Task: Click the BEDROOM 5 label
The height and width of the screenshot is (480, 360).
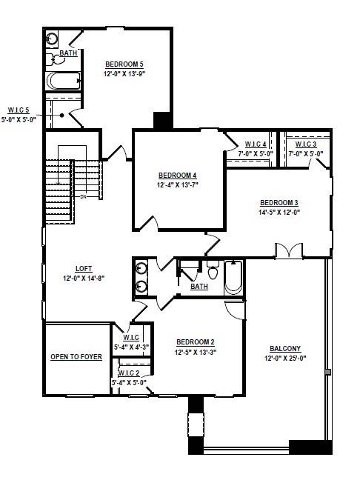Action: click(124, 64)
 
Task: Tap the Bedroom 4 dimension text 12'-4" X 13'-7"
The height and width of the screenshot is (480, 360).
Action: click(178, 185)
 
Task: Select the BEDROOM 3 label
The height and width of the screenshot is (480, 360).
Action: click(279, 203)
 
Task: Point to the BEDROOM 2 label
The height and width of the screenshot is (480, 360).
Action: click(196, 342)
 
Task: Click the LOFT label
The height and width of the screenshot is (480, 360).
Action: click(84, 269)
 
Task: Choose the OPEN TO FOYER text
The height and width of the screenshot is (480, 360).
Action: click(76, 357)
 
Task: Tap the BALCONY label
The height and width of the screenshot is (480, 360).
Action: click(285, 348)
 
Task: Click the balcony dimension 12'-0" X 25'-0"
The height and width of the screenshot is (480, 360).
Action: click(285, 359)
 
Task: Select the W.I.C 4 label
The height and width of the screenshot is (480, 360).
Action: click(256, 144)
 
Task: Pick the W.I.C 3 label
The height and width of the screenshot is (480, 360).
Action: click(306, 144)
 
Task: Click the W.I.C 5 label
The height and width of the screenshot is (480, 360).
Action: click(19, 110)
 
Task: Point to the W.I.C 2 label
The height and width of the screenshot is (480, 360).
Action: click(129, 373)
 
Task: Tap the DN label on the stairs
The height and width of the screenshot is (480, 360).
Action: click(83, 197)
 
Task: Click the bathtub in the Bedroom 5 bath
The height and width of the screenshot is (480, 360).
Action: click(64, 81)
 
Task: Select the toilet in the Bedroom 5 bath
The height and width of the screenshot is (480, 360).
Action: click(56, 59)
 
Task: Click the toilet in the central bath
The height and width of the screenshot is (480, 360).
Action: click(212, 270)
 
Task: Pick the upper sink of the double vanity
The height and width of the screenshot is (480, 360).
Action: click(141, 268)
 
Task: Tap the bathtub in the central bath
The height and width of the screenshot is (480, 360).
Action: click(233, 278)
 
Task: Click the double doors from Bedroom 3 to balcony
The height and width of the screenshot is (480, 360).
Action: click(289, 250)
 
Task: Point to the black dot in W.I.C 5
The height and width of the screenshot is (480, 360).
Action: click(62, 116)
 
